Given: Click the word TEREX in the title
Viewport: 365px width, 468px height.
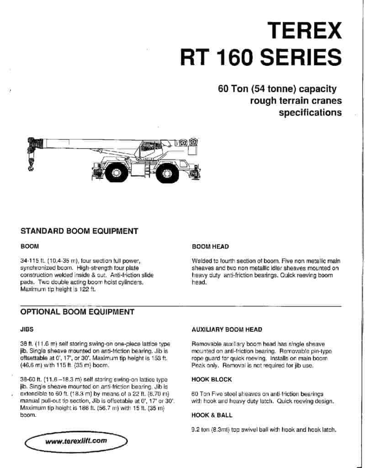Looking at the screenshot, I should click(305, 31).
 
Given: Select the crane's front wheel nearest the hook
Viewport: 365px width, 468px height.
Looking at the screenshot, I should click(116, 172).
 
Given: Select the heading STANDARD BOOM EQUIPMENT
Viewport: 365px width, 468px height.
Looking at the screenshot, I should click(79, 231).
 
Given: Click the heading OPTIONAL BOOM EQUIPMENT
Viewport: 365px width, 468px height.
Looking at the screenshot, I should click(77, 312).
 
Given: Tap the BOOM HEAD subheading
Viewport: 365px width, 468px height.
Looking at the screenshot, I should click(210, 247).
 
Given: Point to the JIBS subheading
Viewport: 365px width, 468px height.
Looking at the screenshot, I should click(27, 329).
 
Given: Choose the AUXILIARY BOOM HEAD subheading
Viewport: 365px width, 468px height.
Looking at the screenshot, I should click(227, 330).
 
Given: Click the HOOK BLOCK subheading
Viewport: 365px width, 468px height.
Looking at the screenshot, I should click(212, 379).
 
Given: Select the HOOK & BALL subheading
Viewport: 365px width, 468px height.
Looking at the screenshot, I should click(212, 415).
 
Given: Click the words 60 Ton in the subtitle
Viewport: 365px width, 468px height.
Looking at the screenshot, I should click(234, 89).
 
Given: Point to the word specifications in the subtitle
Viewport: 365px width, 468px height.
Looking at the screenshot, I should click(310, 112).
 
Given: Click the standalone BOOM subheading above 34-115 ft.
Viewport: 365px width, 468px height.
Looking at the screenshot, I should click(29, 247).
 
